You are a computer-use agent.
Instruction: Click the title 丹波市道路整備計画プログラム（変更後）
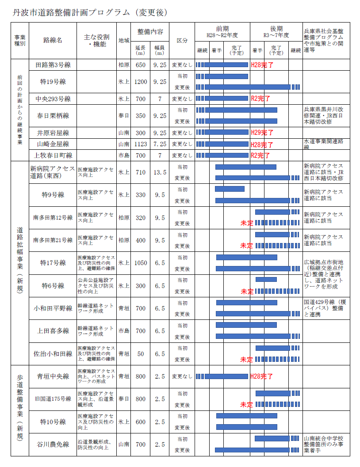coord(89,12)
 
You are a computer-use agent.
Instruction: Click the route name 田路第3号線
coord(53,65)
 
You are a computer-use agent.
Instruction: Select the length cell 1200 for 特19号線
coord(141,82)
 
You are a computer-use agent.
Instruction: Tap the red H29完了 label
coord(262,133)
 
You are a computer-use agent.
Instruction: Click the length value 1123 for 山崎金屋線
coord(141,144)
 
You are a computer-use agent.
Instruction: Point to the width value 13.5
coord(159,172)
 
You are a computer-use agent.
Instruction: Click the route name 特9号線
coord(53,195)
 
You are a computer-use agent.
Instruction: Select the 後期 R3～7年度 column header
coord(276,31)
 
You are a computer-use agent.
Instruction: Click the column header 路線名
coord(53,40)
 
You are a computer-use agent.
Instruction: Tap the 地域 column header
coord(124,40)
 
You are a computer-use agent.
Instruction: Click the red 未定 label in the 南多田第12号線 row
coord(246,223)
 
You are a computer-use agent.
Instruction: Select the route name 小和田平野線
coord(53,308)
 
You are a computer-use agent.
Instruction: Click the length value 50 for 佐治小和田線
coord(141,354)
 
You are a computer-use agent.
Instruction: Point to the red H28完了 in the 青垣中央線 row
coord(261,376)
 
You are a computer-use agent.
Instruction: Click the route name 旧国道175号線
coord(53,399)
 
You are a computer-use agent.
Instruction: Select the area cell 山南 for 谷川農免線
coord(124,444)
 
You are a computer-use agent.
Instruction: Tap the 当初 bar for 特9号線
coord(230,189)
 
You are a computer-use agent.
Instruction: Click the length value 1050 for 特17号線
coord(141,263)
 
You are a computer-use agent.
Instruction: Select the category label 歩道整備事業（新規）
coord(19,409)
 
